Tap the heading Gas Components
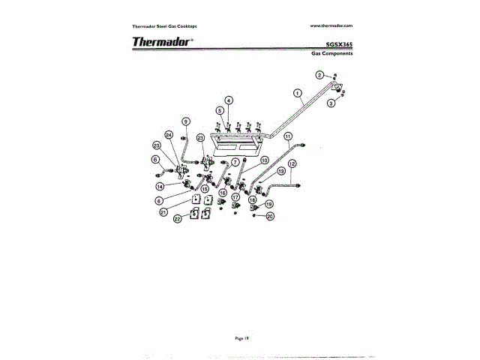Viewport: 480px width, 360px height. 332,54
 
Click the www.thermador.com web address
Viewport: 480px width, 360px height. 331,25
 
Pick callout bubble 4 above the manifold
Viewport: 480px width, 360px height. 229,100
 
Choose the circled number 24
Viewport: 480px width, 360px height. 169,135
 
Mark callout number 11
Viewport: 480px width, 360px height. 287,136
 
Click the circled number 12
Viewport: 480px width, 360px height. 292,163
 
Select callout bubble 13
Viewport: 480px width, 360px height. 281,171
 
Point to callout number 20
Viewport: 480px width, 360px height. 270,216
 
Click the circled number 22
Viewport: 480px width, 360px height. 178,219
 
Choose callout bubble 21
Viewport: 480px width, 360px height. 163,212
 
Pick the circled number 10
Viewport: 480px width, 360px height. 265,160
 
